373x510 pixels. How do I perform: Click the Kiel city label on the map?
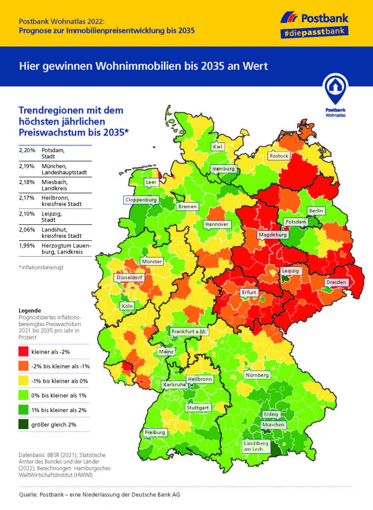pos(217,147)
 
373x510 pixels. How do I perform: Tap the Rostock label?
pos(279,156)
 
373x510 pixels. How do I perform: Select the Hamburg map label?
pos(223,169)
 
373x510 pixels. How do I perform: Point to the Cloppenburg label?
pos(141,200)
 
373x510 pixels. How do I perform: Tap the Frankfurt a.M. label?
pos(189,332)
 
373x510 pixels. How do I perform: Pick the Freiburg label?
pos(155,432)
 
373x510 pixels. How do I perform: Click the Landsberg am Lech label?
pos(256,446)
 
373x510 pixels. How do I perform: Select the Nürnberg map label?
pos(257,375)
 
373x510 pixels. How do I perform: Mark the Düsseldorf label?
pos(129,278)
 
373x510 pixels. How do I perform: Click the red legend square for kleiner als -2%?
pos(24,352)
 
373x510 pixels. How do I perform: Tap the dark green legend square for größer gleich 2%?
pos(24,424)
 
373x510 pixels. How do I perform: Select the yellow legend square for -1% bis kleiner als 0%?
pos(24,381)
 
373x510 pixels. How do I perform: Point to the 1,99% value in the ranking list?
pos(27,246)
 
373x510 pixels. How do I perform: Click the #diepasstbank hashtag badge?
pos(314,33)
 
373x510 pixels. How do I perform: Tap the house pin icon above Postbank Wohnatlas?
pos(335,89)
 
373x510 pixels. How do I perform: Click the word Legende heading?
pos(30,311)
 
